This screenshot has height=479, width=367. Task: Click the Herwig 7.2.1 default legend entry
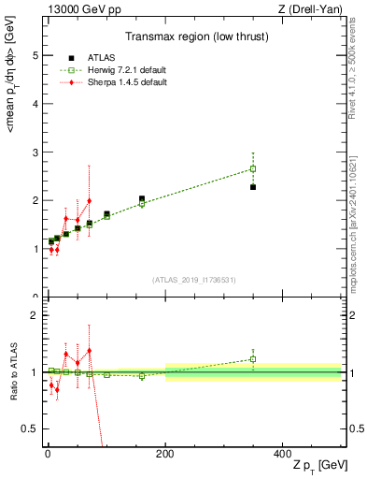pyautogui.click(x=120, y=70)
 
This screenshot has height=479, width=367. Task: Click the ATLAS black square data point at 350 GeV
pyautogui.click(x=253, y=187)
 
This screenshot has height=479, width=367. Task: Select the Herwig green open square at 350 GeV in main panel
pyautogui.click(x=253, y=169)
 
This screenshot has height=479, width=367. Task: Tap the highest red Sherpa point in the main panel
pyautogui.click(x=90, y=200)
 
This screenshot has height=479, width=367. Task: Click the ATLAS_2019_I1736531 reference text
pyautogui.click(x=194, y=279)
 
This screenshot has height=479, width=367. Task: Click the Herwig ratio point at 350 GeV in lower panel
pyautogui.click(x=253, y=359)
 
